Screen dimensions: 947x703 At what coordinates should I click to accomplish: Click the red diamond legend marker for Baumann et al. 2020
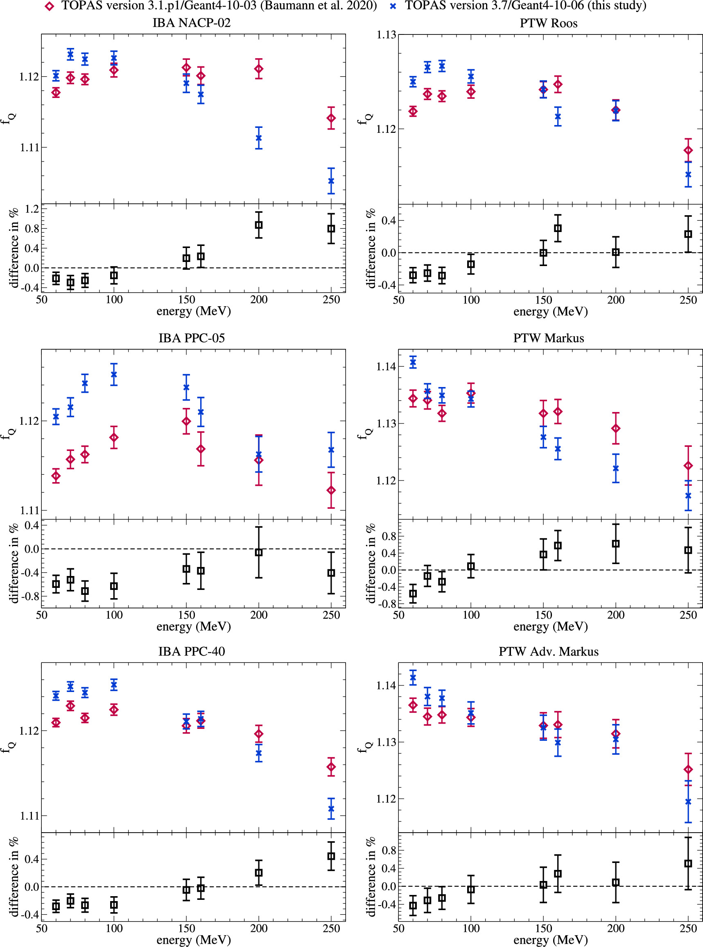50,6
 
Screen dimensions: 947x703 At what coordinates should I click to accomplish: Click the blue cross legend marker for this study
393,6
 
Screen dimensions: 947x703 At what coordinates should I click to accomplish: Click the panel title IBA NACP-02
192,23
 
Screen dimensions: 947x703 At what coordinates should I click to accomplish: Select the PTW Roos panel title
549,23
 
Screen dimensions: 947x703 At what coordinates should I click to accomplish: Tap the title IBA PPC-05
192,338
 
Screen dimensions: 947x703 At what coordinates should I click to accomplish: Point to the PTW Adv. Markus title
549,651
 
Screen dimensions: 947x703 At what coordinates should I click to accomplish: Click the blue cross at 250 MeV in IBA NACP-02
331,181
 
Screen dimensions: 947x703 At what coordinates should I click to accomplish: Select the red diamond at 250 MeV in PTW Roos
688,150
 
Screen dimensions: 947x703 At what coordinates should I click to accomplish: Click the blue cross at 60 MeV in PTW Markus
413,362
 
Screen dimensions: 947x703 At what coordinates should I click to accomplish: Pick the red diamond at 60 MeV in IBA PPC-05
56,476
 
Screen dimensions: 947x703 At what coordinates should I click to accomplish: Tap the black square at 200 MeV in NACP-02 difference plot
258,225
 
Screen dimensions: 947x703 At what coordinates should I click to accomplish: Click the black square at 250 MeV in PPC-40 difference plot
331,856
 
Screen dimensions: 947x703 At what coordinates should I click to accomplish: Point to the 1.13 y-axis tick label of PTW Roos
386,35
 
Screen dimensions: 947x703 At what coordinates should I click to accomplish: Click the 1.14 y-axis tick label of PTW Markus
386,367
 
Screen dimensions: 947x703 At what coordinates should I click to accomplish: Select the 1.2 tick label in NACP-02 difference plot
32,209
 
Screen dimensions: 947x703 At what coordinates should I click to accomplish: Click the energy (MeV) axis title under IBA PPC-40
194,939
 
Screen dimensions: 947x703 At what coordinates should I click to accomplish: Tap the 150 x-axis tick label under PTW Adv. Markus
543,928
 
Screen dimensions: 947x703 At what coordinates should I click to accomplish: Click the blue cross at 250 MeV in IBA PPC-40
331,808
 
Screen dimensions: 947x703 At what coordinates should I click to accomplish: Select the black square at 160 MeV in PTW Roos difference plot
558,228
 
